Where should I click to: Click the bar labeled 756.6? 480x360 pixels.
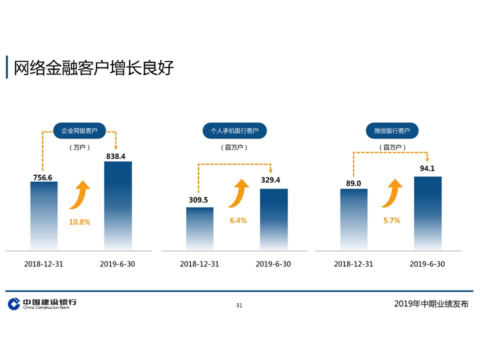(x=44, y=216)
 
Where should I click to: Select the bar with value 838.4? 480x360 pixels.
(x=118, y=205)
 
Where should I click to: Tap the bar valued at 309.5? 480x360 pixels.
(x=199, y=228)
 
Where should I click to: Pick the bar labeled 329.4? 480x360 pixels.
(x=273, y=219)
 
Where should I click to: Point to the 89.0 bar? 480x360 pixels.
(x=353, y=219)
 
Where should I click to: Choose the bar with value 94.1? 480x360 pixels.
(x=427, y=213)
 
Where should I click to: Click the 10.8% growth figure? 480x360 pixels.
(x=79, y=222)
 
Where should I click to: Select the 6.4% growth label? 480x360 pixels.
(x=238, y=220)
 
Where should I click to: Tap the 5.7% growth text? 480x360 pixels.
(x=392, y=220)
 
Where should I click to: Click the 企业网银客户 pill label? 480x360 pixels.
(x=79, y=130)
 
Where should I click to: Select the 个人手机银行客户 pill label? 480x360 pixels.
(x=234, y=130)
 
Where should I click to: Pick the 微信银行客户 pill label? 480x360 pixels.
(x=392, y=130)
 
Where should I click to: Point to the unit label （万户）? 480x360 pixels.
(x=79, y=147)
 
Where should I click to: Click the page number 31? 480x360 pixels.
(x=239, y=305)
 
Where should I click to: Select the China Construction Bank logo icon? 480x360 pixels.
(x=14, y=303)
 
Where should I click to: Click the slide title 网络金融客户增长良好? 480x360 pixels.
(x=93, y=67)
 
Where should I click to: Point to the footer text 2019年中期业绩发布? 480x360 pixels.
(x=431, y=303)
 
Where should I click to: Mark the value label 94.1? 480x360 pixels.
(x=427, y=168)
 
